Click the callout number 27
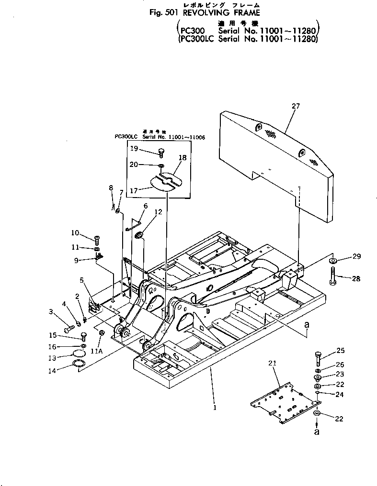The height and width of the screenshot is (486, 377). tap(295, 106)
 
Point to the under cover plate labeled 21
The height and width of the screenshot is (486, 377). tap(278, 400)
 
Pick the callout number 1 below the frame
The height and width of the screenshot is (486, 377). tap(215, 408)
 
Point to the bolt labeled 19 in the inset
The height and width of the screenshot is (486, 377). tap(160, 153)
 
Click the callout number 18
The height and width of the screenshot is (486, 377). tap(183, 157)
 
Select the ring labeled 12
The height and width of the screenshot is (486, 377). tap(139, 234)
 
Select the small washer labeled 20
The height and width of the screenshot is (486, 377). tap(161, 166)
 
